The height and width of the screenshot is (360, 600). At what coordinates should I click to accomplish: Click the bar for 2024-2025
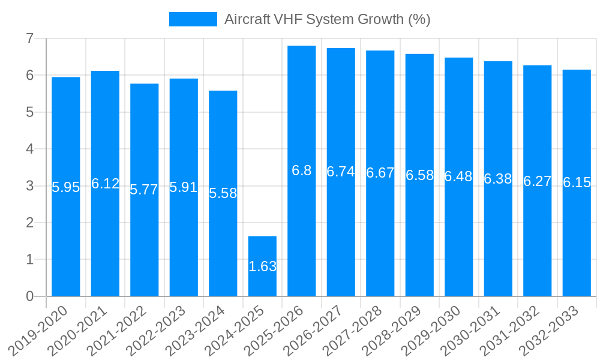tap(262, 240)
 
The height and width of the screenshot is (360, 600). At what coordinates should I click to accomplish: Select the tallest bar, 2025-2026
tap(302, 120)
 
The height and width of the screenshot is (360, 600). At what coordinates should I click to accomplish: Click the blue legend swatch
tap(193, 19)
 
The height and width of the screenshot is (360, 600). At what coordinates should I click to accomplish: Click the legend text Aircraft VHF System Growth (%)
tap(327, 19)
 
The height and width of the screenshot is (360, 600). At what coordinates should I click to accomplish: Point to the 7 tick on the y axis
tap(29, 38)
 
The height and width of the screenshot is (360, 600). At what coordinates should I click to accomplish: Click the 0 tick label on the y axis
tap(29, 296)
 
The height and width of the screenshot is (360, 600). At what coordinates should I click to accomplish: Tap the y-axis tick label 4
tap(29, 149)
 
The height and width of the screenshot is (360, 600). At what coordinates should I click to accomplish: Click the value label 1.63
tap(262, 266)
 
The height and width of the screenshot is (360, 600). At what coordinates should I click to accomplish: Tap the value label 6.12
tap(105, 184)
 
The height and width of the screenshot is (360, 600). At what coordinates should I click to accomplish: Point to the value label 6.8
tap(302, 170)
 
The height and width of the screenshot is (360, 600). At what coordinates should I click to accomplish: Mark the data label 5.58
tap(223, 193)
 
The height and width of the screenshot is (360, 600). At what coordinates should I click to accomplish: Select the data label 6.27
tap(538, 181)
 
